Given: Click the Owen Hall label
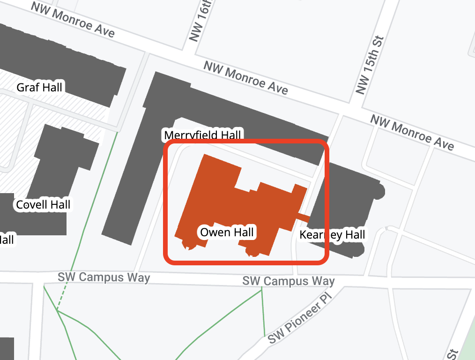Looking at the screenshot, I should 227,232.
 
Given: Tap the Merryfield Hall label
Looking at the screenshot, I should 202,135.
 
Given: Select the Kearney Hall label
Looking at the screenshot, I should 332,234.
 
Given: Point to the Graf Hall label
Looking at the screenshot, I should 39,87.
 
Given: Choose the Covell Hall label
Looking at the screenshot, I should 43,204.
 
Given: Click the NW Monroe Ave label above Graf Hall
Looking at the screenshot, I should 73,20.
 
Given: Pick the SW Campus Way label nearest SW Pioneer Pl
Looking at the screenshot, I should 288,281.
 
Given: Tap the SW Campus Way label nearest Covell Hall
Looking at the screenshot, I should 104,277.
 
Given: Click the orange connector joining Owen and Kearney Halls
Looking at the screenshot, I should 303,217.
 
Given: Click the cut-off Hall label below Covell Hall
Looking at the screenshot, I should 7,239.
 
